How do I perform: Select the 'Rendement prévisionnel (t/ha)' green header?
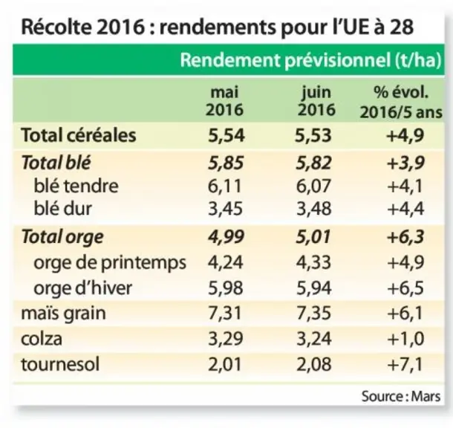tap(311, 60)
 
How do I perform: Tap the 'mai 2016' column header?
tap(224, 101)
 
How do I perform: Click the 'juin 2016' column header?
tap(316, 101)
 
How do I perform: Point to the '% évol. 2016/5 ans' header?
tap(401, 102)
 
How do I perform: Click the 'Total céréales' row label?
tap(79, 135)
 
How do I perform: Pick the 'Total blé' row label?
tap(56, 163)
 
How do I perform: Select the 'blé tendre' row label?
tap(76, 186)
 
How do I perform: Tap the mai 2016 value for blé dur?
tap(225, 209)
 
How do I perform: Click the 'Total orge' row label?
tap(62, 238)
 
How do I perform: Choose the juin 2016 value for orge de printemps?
tap(314, 262)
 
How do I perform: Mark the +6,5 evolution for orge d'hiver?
tap(405, 288)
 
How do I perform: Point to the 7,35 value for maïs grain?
tap(314, 314)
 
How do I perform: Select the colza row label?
tap(42, 338)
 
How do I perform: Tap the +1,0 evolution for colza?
tap(405, 338)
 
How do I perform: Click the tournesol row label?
tap(60, 364)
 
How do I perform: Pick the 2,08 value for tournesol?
tap(314, 364)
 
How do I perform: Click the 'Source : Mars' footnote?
tap(401, 396)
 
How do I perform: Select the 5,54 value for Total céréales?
tap(226, 135)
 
